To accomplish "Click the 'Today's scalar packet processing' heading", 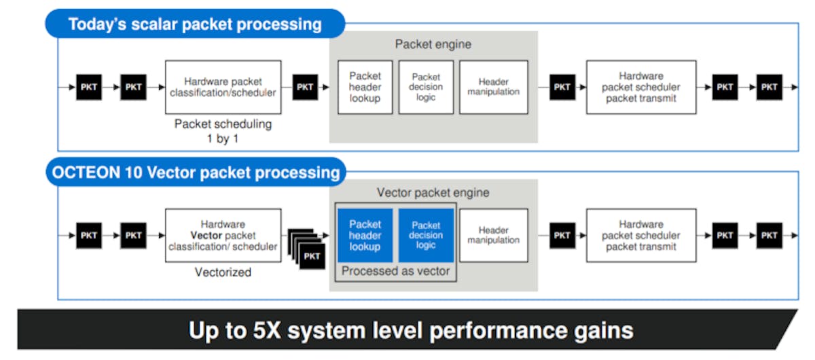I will coord(195,24).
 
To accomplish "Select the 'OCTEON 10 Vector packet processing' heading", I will coord(196,172).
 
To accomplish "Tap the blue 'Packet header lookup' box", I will coord(365,236).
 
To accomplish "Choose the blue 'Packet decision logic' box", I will coord(426,236).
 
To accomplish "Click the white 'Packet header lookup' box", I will coord(365,87).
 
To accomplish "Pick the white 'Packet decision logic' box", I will coord(426,87).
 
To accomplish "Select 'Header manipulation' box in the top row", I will coord(493,87).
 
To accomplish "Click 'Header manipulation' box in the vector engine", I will coord(493,236).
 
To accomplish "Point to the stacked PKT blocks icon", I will coord(308,249).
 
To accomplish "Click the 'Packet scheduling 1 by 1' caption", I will coord(223,130).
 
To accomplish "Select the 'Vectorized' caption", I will coord(222,272).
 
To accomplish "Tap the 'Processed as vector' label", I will coord(395,271).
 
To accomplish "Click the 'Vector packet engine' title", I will coord(433,193).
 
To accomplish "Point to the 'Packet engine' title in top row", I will coord(433,45).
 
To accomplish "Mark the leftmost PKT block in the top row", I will coord(89,87).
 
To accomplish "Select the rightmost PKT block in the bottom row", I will coord(769,236).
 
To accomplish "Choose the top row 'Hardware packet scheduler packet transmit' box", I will coord(640,87).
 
